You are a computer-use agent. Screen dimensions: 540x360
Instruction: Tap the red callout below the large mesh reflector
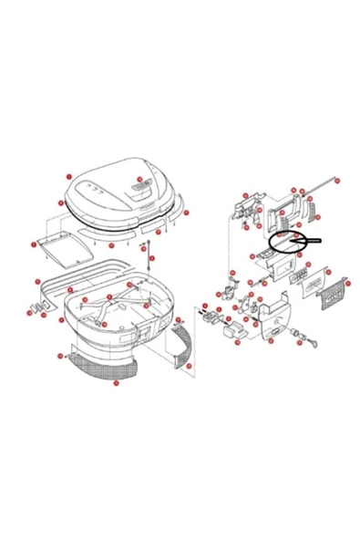[115, 383]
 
